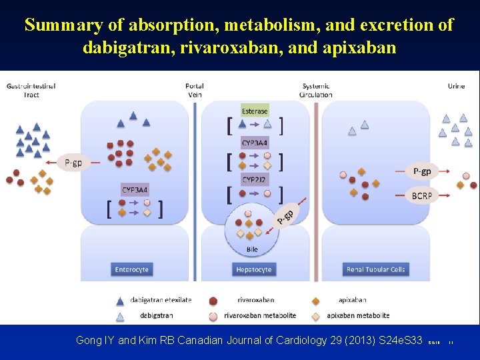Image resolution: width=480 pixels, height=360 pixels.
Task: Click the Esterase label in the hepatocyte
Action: pyautogui.click(x=255, y=111)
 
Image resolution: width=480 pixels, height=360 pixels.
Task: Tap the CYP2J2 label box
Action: pyautogui.click(x=255, y=179)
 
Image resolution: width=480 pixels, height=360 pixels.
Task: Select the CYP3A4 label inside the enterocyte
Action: pyautogui.click(x=135, y=190)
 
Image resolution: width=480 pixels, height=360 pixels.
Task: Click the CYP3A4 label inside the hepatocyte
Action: pyautogui.click(x=255, y=142)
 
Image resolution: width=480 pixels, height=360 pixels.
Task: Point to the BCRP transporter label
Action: pyautogui.click(x=421, y=195)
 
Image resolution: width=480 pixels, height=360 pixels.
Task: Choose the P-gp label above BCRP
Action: pyautogui.click(x=421, y=171)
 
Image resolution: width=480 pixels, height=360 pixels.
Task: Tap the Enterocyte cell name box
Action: pyautogui.click(x=131, y=269)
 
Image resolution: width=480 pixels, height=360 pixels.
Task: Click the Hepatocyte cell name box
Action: pyautogui.click(x=253, y=269)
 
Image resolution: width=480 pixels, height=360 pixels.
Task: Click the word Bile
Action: pyautogui.click(x=252, y=249)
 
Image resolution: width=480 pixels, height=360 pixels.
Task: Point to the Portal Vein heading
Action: pyautogui.click(x=195, y=90)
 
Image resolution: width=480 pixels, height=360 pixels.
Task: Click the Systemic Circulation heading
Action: pyautogui.click(x=316, y=90)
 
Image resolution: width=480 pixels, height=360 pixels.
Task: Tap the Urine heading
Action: pyautogui.click(x=456, y=86)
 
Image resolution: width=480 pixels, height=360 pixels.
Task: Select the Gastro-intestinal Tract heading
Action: pyautogui.click(x=31, y=90)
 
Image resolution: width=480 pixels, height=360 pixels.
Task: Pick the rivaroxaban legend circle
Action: pyautogui.click(x=213, y=301)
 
